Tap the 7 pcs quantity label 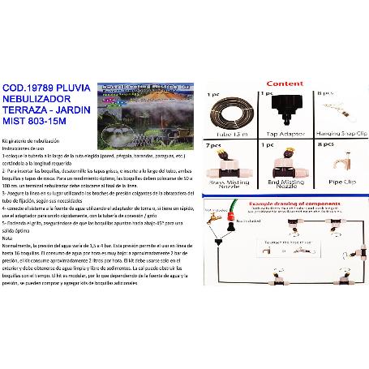[215, 146]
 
